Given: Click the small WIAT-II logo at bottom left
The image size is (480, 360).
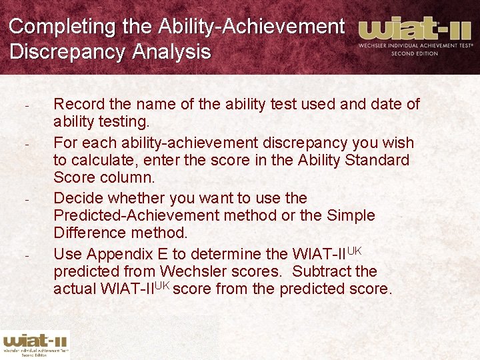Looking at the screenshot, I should tap(35, 343).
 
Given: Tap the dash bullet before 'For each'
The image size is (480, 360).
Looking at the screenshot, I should tap(27, 144).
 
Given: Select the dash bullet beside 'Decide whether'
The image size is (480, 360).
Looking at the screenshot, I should tap(27, 199).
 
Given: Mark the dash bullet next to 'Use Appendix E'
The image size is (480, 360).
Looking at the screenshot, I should tap(27, 255).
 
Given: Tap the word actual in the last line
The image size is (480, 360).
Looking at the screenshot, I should tap(75, 289).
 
